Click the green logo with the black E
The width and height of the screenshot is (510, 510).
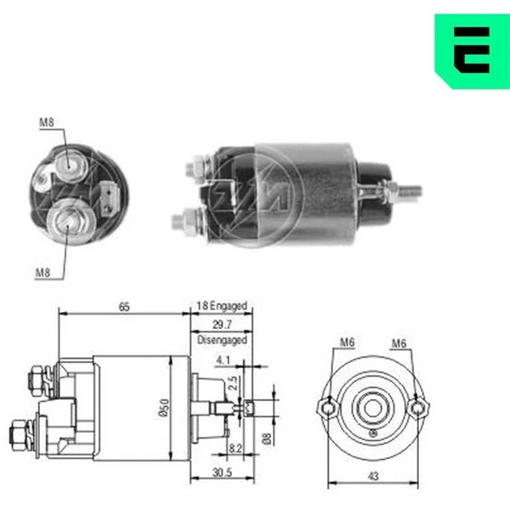[473, 51]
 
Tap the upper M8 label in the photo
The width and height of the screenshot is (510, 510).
[47, 122]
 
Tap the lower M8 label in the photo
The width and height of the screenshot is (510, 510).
[42, 272]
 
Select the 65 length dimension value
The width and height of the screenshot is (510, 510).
[124, 307]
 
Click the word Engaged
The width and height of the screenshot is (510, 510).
[229, 306]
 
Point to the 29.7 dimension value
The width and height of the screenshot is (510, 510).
[222, 325]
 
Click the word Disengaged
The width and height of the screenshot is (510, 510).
[222, 340]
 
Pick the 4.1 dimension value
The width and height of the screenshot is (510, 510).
[223, 360]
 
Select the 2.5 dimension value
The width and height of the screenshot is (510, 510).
[233, 383]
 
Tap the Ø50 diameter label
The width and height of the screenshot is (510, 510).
[164, 407]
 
